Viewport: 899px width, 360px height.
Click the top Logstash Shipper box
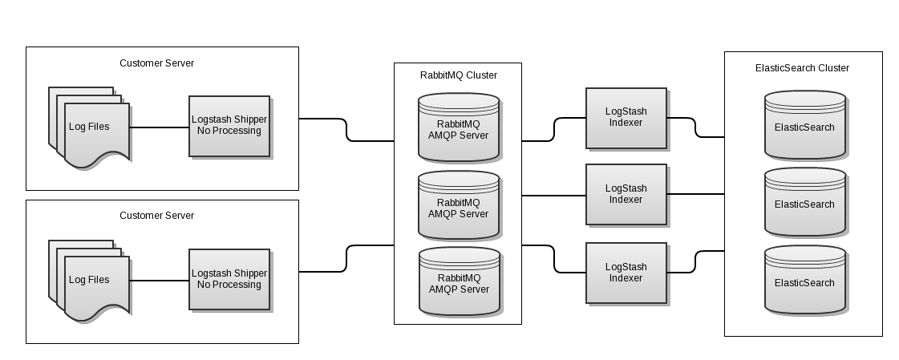229,126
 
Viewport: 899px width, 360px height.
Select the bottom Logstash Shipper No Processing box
229,279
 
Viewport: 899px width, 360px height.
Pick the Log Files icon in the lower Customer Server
88,281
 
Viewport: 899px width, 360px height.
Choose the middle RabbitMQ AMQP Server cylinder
459,207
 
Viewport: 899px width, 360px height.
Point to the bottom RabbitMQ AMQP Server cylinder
459,282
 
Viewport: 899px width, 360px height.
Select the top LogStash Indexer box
626,118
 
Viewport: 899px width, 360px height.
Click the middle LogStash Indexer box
626,194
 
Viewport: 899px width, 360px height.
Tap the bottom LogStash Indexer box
626,273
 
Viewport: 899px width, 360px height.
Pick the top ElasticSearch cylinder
804,126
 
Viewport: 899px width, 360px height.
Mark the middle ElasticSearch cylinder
804,204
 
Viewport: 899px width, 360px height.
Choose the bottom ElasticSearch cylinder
804,281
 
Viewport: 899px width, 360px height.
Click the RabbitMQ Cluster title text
458,75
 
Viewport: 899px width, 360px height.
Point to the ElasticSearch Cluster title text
802,68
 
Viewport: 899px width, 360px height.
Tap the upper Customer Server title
156,63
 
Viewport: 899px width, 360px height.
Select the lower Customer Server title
156,216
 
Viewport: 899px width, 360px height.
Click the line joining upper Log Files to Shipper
159,127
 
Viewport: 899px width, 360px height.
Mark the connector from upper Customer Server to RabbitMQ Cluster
346,130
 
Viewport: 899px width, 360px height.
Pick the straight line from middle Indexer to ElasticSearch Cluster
695,194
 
